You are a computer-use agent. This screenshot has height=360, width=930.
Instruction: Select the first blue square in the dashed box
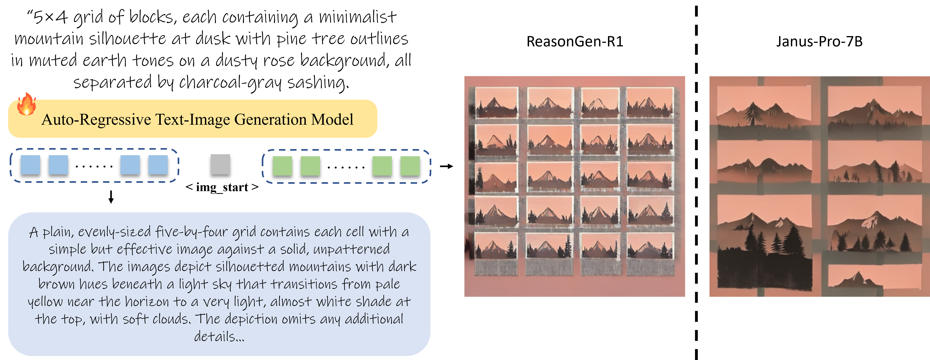coord(30,165)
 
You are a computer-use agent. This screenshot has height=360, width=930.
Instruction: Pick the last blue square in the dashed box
coord(158,165)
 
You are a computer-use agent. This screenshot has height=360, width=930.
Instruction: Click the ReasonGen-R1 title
coord(575,41)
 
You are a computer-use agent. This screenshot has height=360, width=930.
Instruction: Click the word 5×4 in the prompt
coord(51,17)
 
